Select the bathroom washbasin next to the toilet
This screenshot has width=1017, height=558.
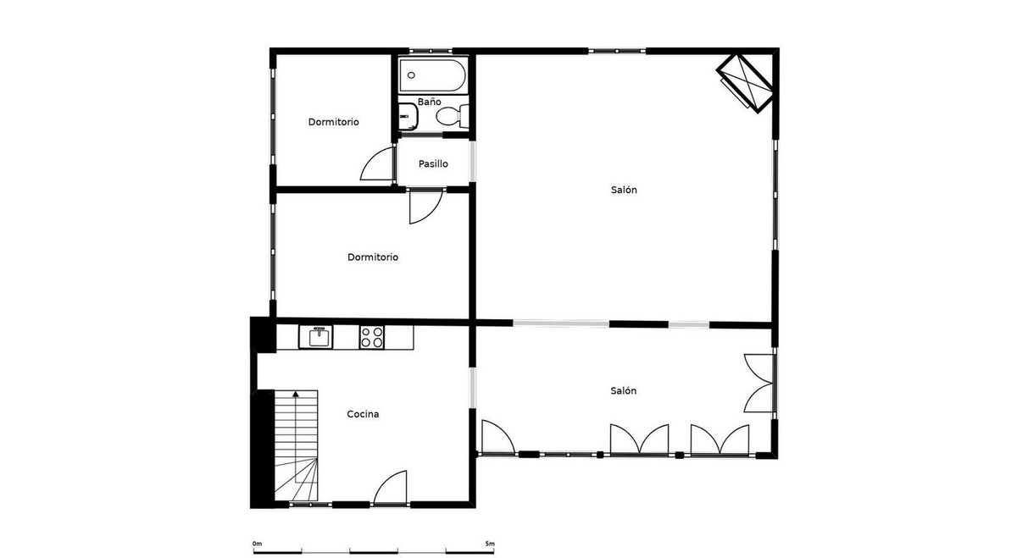pyautogui.click(x=408, y=117)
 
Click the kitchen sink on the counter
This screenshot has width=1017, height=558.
pyautogui.click(x=320, y=337)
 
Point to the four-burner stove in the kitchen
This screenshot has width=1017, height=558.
pyautogui.click(x=371, y=337)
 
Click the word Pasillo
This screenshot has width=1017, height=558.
pyautogui.click(x=433, y=164)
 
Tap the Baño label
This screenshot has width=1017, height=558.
pyautogui.click(x=429, y=102)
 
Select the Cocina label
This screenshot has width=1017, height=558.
pyautogui.click(x=363, y=415)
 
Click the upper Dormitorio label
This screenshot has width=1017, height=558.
pyautogui.click(x=333, y=122)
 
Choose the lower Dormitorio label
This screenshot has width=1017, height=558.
pyautogui.click(x=373, y=257)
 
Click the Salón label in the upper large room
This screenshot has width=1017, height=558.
pyautogui.click(x=624, y=191)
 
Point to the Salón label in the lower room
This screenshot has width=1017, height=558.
pyautogui.click(x=623, y=391)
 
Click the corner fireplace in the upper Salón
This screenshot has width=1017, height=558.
pyautogui.click(x=744, y=82)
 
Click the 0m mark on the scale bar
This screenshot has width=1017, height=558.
pyautogui.click(x=257, y=544)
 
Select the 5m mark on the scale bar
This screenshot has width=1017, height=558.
pyautogui.click(x=489, y=544)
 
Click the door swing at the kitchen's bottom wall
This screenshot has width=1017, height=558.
pyautogui.click(x=392, y=489)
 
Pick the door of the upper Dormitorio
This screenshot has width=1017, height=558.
pyautogui.click(x=378, y=165)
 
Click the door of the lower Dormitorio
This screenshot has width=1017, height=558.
pyautogui.click(x=424, y=207)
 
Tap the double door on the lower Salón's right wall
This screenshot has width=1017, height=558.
pyautogui.click(x=759, y=383)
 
